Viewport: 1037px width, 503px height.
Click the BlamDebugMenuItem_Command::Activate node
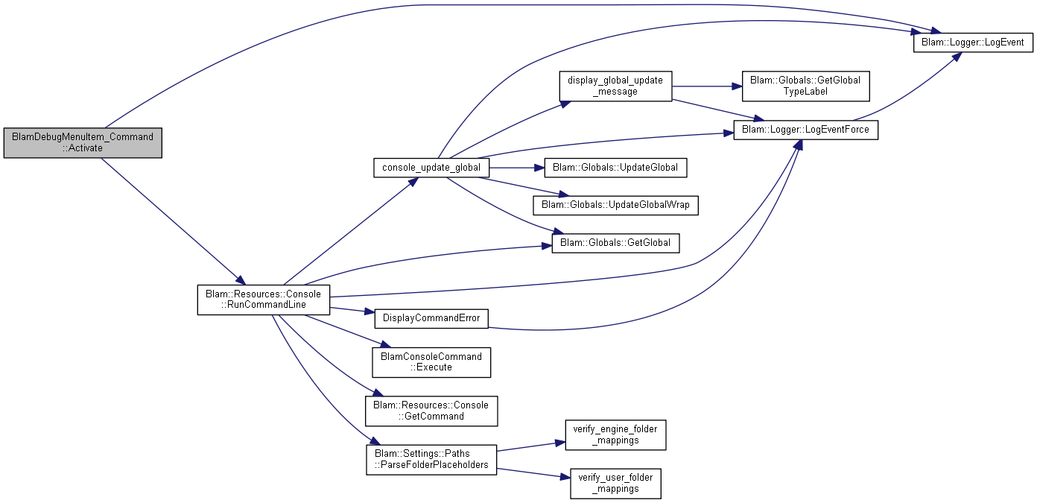click(x=83, y=142)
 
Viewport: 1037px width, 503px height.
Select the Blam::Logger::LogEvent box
click(x=973, y=42)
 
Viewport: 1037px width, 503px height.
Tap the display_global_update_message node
click(x=615, y=86)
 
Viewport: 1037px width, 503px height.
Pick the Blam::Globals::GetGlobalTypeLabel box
click(x=805, y=86)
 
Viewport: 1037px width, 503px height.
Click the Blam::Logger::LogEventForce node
click(x=805, y=130)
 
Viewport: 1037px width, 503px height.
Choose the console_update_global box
click(x=431, y=168)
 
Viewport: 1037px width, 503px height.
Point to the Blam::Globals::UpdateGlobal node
click(x=615, y=168)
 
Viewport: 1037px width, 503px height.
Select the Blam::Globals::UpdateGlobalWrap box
click(x=615, y=205)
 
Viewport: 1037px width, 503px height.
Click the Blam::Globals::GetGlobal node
click(x=615, y=243)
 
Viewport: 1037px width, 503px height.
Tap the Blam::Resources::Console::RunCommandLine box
click(x=264, y=300)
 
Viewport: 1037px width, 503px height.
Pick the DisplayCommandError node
click(x=431, y=319)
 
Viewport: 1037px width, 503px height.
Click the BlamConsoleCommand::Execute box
click(x=431, y=362)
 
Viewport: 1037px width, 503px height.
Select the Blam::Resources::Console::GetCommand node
click(x=431, y=411)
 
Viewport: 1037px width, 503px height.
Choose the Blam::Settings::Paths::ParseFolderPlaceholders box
click(x=431, y=460)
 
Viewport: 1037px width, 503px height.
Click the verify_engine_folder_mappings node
click(x=615, y=435)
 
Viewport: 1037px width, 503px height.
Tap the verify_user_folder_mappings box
click(x=615, y=484)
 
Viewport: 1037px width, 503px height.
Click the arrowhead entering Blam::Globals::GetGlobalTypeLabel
click(x=737, y=86)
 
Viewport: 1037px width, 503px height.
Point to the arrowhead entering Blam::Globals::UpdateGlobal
click(x=539, y=168)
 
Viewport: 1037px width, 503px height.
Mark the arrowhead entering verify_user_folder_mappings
click(x=565, y=477)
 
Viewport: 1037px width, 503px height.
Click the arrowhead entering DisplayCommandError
click(x=369, y=311)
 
